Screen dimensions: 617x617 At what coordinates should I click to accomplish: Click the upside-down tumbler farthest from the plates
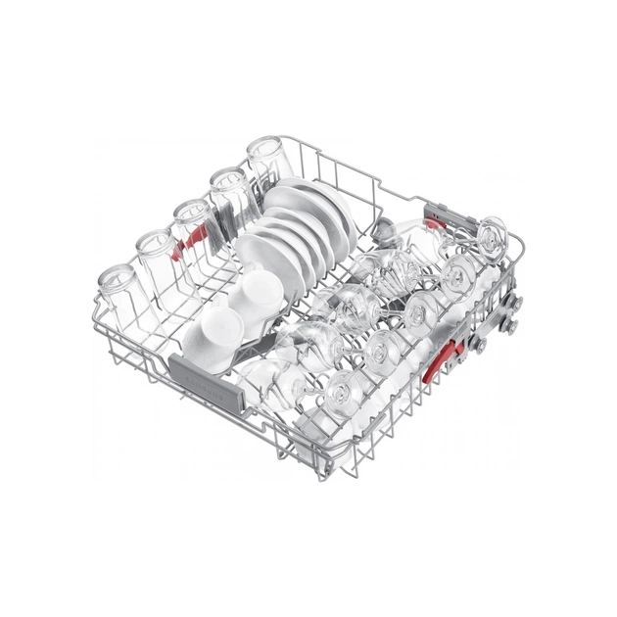click(x=117, y=288)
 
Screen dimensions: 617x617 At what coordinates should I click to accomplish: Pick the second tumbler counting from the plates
click(x=228, y=189)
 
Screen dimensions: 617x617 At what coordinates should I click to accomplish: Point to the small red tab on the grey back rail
click(x=429, y=208)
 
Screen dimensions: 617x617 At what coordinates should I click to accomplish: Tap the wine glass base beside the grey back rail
click(x=491, y=235)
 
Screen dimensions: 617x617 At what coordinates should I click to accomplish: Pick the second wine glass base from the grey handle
click(x=382, y=348)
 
